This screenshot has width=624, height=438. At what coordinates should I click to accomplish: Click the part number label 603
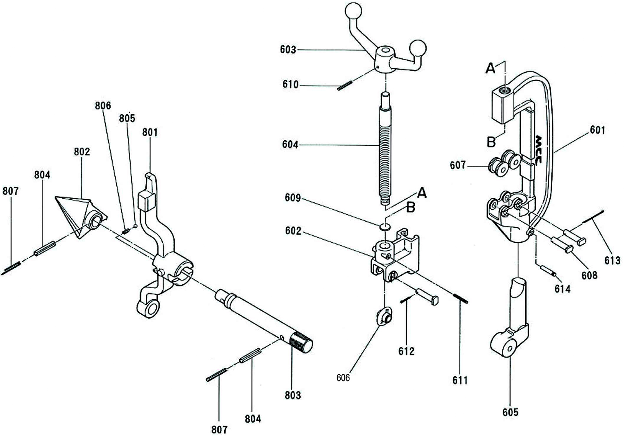point(287,50)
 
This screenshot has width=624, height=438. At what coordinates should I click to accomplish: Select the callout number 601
point(597,130)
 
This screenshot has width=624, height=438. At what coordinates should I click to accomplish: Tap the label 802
point(81,151)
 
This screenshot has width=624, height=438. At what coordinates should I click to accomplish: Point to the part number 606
point(343,377)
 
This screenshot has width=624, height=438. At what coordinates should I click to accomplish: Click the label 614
point(562,289)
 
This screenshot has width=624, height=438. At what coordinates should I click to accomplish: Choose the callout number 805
point(127,118)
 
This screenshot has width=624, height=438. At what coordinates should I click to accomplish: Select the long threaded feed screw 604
point(384,147)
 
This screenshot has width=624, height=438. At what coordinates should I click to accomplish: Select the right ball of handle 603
point(419,47)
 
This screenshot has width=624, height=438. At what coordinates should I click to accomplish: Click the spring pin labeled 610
point(345,86)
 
